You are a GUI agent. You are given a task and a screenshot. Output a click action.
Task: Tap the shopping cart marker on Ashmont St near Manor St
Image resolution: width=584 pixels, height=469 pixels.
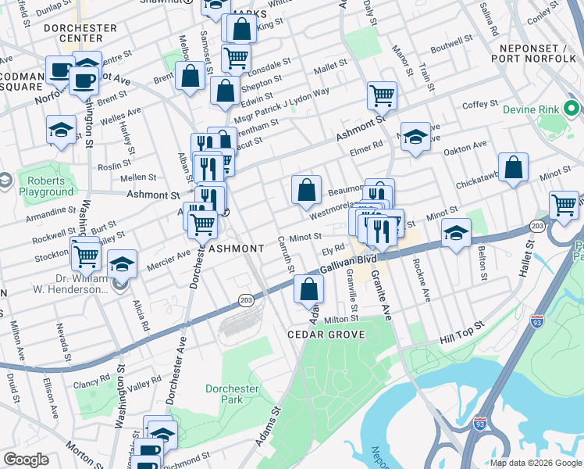pos(382,96)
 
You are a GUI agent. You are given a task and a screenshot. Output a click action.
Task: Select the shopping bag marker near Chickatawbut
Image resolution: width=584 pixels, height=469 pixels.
pos(513,167)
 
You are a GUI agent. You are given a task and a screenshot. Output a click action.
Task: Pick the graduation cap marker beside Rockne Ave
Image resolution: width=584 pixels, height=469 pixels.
pos(457,232)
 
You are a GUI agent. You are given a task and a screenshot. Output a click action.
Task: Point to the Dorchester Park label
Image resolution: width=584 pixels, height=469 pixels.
pos(231,394)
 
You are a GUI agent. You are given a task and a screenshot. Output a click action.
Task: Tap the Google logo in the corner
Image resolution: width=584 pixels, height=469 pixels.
pos(27,460)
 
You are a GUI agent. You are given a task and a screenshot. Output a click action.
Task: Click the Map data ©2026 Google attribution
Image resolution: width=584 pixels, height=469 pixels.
pos(536,463)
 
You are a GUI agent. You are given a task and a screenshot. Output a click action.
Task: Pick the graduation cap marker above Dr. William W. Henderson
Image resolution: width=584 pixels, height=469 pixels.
pos(122,264)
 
